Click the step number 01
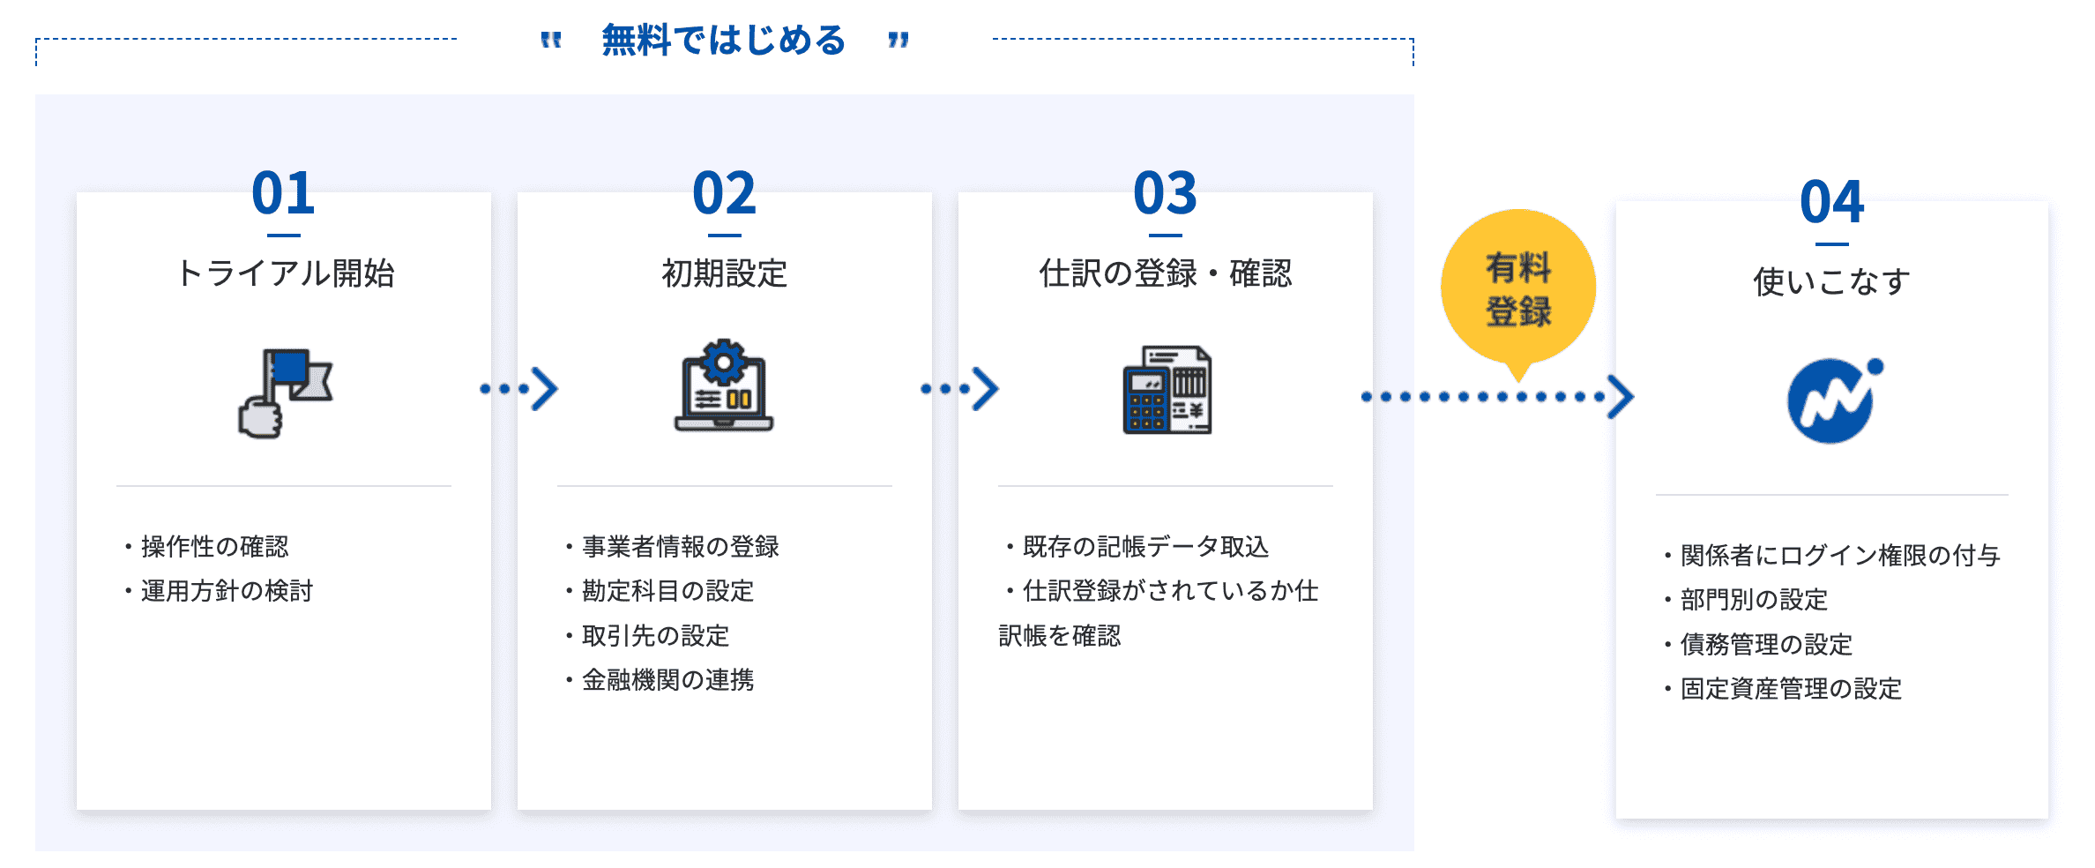tap(283, 193)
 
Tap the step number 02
tap(724, 193)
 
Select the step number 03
tap(1165, 193)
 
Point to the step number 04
tap(1831, 202)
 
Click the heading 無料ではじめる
tap(724, 41)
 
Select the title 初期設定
tap(724, 273)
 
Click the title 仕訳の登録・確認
tap(1165, 273)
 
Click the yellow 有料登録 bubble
tap(1518, 288)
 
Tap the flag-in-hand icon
tap(285, 393)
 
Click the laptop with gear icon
tap(724, 385)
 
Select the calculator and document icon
tap(1167, 389)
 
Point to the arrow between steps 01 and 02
tap(518, 389)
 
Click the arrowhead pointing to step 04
tap(1621, 397)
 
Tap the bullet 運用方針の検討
tap(219, 591)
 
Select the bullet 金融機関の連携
tap(660, 680)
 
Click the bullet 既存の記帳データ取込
tap(1137, 547)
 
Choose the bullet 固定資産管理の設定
tap(1783, 689)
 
